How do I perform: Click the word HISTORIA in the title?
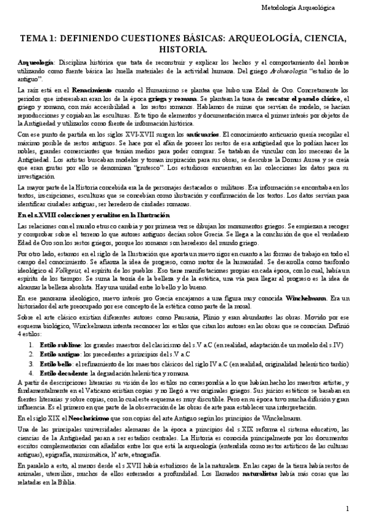[x=183, y=48]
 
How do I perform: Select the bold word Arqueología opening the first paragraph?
[x=35, y=64]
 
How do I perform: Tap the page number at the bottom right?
[x=347, y=509]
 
